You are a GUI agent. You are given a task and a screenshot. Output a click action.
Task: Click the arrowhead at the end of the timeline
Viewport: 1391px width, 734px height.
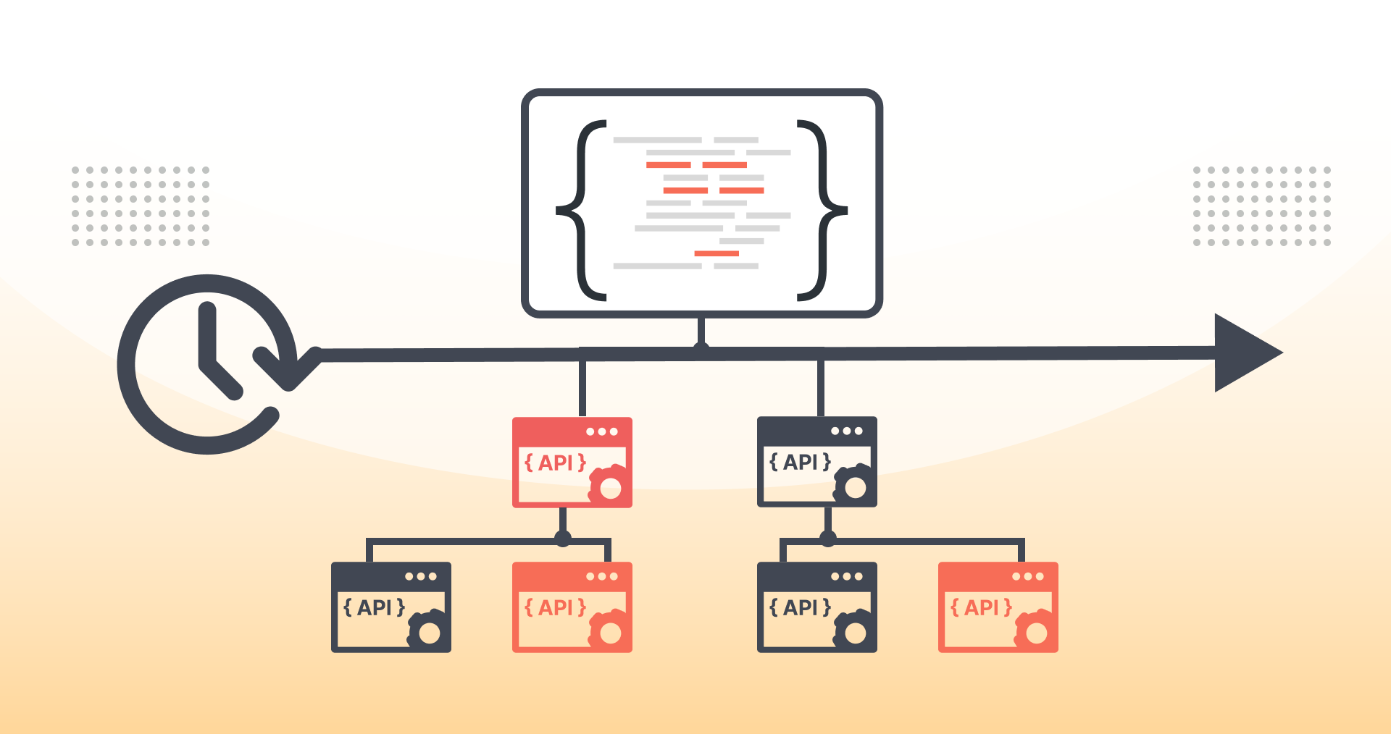click(1245, 353)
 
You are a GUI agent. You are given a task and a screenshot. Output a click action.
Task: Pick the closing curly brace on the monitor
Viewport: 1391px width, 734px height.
click(822, 210)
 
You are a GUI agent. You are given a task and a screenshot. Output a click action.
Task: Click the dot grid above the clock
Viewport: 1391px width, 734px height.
click(141, 206)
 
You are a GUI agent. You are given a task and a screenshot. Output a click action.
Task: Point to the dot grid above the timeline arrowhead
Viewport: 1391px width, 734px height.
click(1262, 206)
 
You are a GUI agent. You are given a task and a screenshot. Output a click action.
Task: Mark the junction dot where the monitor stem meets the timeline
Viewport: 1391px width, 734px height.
click(701, 350)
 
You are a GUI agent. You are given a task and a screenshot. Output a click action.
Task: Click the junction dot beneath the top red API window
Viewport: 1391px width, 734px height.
click(563, 539)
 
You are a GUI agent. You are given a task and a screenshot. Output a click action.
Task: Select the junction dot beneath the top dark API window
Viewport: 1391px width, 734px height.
click(828, 539)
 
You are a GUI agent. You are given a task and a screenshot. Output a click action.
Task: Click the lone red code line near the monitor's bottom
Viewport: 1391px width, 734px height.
click(717, 253)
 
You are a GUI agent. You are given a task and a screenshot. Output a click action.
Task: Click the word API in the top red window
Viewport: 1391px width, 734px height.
click(556, 463)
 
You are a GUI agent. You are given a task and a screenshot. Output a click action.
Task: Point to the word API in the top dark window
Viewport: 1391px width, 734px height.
click(801, 462)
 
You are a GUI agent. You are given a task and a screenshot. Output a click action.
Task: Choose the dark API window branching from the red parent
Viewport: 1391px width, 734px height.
click(391, 607)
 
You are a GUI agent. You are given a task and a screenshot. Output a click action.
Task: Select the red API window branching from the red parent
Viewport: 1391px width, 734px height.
click(572, 607)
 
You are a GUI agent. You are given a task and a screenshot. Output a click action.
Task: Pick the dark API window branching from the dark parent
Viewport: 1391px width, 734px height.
click(817, 607)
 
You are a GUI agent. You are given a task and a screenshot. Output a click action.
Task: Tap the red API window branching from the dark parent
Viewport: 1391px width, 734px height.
click(998, 607)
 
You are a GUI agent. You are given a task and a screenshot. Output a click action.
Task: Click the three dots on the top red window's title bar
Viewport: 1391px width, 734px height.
click(602, 431)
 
